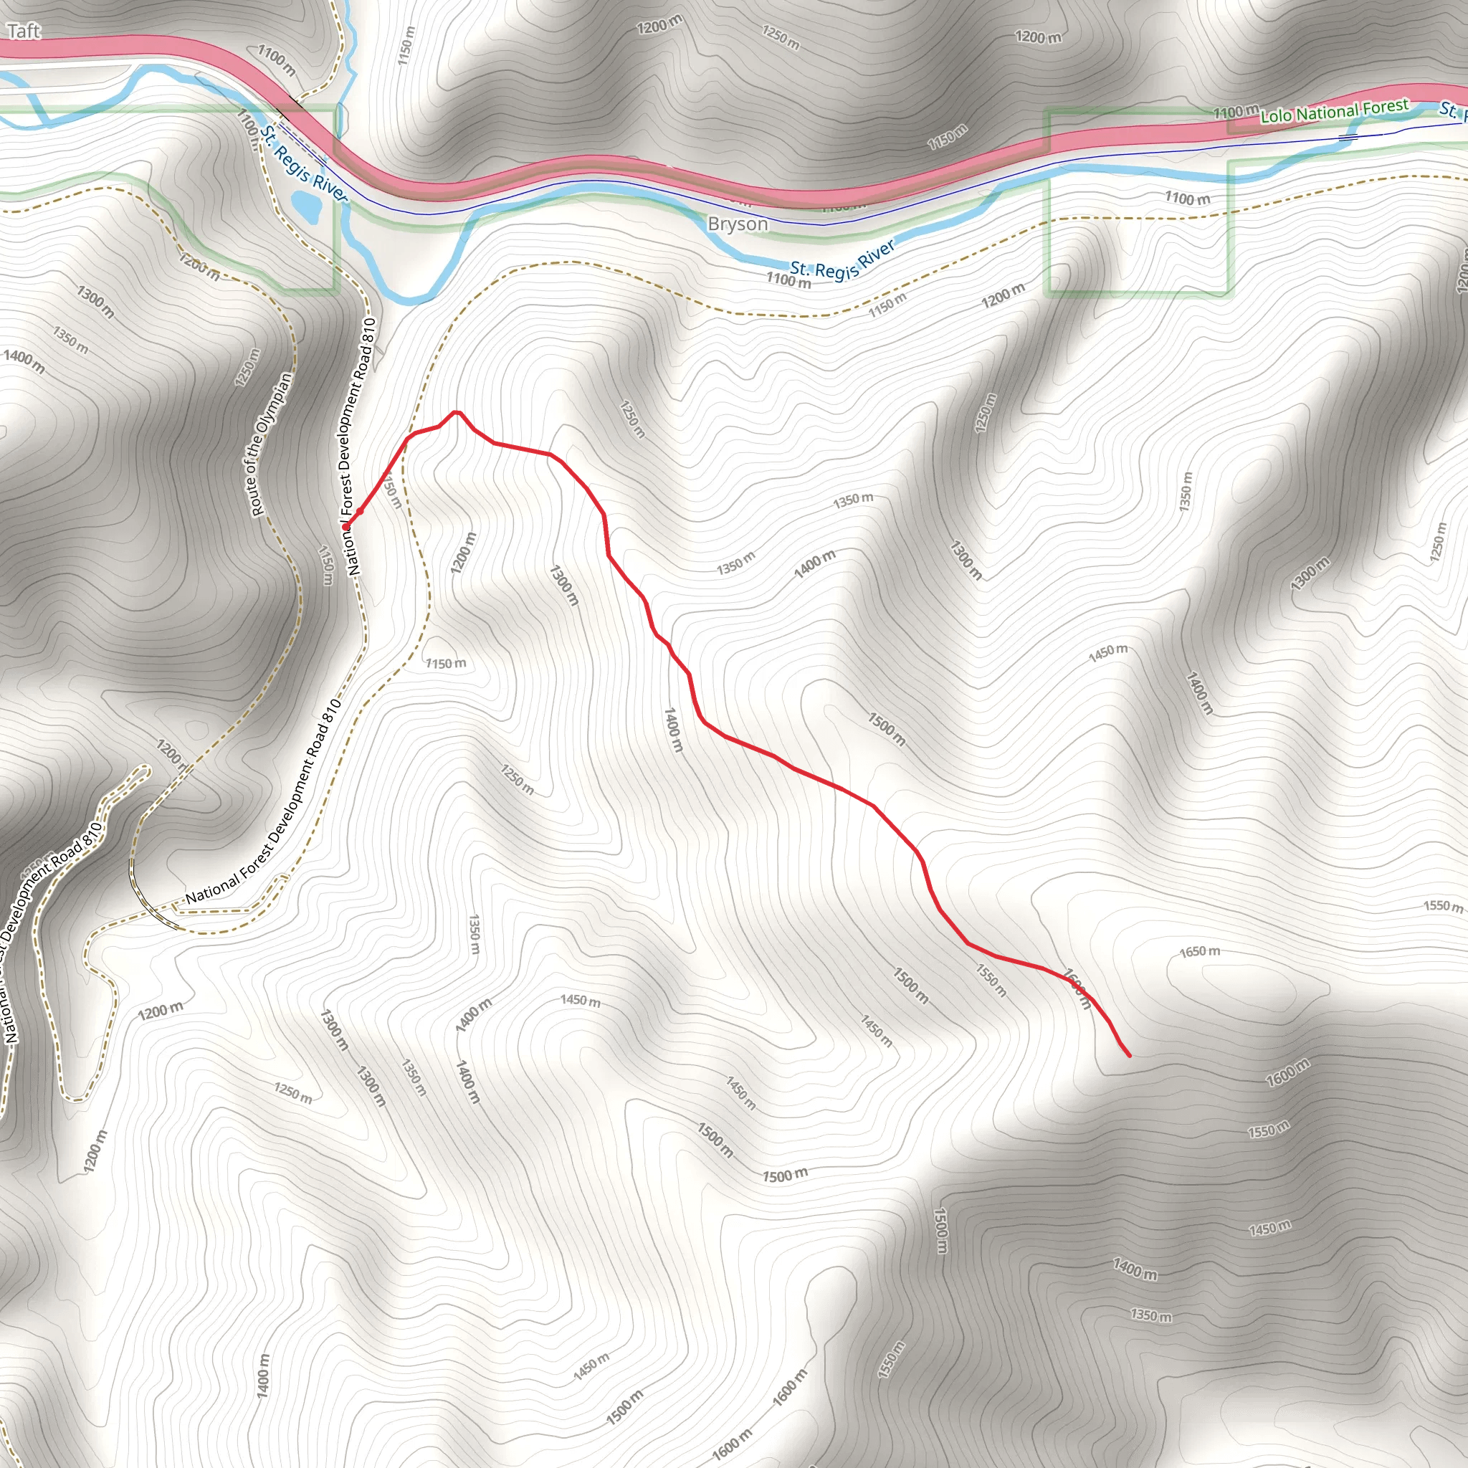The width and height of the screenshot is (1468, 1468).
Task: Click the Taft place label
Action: point(23,31)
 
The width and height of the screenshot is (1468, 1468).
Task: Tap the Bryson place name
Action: point(737,224)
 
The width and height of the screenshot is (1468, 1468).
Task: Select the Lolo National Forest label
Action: point(1334,111)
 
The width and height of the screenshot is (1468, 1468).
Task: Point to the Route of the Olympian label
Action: point(271,444)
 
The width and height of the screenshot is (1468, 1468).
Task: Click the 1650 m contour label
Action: point(1200,951)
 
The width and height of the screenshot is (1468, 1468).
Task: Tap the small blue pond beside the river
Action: point(306,205)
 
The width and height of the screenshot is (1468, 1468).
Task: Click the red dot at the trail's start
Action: point(345,526)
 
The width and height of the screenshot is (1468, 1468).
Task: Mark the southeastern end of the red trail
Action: point(1129,1055)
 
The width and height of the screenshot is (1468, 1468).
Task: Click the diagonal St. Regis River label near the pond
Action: point(303,164)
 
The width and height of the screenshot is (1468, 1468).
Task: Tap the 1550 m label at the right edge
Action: point(1442,906)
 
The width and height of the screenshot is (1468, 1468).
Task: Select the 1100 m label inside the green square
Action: point(1187,199)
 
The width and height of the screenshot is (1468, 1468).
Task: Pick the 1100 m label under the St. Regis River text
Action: point(788,280)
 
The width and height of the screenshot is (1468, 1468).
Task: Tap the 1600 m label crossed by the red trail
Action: point(1077,989)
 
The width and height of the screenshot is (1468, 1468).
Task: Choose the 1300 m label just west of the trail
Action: point(564,584)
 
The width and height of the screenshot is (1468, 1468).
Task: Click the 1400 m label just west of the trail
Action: point(673,730)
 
